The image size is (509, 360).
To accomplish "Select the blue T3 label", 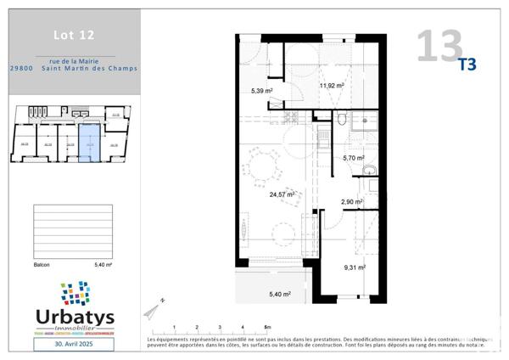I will coord(467,64).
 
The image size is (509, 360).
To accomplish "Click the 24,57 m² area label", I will coord(282,194).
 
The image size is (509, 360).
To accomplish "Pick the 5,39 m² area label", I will coord(261,90).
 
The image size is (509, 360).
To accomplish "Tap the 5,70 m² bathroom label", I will coord(353,158).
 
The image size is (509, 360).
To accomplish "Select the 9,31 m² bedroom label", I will coord(354,267).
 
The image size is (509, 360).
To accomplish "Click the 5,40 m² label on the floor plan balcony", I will coord(279,294).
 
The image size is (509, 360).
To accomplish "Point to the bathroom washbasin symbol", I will coord(369,171).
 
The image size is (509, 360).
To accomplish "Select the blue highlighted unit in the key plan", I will coord(89,145).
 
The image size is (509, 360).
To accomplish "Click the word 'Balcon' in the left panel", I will coord(40,265).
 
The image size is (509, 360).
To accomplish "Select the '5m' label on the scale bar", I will coord(266,326).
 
